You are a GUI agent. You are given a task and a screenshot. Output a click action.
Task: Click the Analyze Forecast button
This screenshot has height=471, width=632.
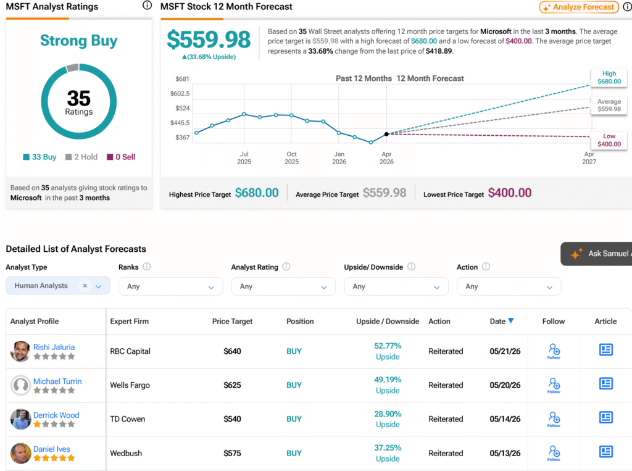tap(579, 7)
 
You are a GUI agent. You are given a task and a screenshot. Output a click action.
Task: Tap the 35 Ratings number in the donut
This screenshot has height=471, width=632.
tap(79, 98)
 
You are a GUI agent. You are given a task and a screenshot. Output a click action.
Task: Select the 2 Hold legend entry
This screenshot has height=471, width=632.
tap(81, 157)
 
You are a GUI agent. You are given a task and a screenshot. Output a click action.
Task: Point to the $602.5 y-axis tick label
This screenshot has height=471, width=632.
tap(180, 94)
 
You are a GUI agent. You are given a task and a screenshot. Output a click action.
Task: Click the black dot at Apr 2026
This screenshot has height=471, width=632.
tap(386, 134)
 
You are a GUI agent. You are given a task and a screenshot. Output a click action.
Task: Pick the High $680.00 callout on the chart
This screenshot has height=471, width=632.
tap(609, 77)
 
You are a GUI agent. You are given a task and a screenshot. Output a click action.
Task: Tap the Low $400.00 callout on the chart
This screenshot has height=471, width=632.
tap(609, 140)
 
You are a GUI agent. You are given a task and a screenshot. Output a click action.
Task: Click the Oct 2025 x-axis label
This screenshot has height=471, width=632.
tap(291, 157)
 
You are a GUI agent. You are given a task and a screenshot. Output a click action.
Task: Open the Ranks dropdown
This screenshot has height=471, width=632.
tap(170, 286)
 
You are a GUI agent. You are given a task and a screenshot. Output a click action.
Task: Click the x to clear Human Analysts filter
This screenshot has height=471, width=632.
tap(85, 286)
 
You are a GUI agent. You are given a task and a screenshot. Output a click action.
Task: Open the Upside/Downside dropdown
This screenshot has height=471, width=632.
tap(396, 286)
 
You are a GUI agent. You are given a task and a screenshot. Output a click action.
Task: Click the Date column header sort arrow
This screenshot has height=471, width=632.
tap(510, 320)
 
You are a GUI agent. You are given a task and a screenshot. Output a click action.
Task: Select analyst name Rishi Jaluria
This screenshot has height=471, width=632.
tap(54, 347)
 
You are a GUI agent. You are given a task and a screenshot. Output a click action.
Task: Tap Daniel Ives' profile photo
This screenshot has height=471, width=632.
tap(20, 453)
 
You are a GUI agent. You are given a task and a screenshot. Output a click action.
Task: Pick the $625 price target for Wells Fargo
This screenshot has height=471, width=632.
tap(232, 385)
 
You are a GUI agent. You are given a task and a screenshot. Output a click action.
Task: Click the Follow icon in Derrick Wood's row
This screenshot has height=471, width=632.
tap(554, 419)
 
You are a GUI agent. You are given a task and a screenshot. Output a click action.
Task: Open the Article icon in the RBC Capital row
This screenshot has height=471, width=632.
tap(606, 349)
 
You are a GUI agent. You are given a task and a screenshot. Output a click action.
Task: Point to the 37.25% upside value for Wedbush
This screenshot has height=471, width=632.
tap(388, 448)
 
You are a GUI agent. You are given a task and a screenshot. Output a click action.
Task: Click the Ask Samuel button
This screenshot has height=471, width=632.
tap(597, 254)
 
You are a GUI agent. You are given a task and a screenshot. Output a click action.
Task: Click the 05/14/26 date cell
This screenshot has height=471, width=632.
tap(505, 419)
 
